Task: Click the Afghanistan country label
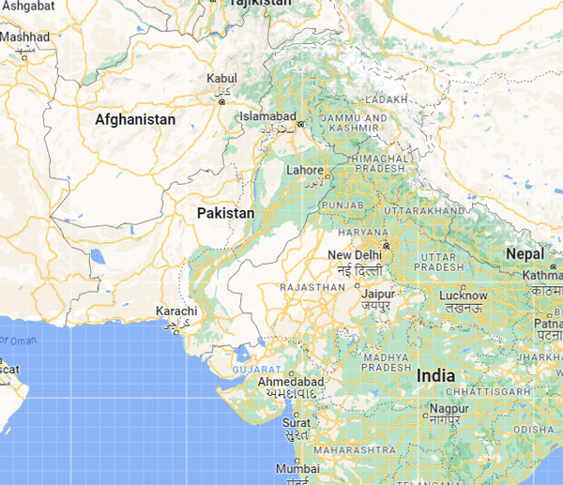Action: [135, 120]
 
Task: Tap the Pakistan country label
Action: [225, 214]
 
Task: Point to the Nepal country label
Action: [525, 253]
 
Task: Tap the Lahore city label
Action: [304, 171]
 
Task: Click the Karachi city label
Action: [176, 311]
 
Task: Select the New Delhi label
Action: [355, 255]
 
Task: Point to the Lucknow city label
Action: [463, 296]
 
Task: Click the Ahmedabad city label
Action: [291, 383]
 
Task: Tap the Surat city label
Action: [297, 423]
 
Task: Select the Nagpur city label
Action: [450, 409]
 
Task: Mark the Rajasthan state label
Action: [312, 287]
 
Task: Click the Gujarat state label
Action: [257, 371]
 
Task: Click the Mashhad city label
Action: [24, 37]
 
